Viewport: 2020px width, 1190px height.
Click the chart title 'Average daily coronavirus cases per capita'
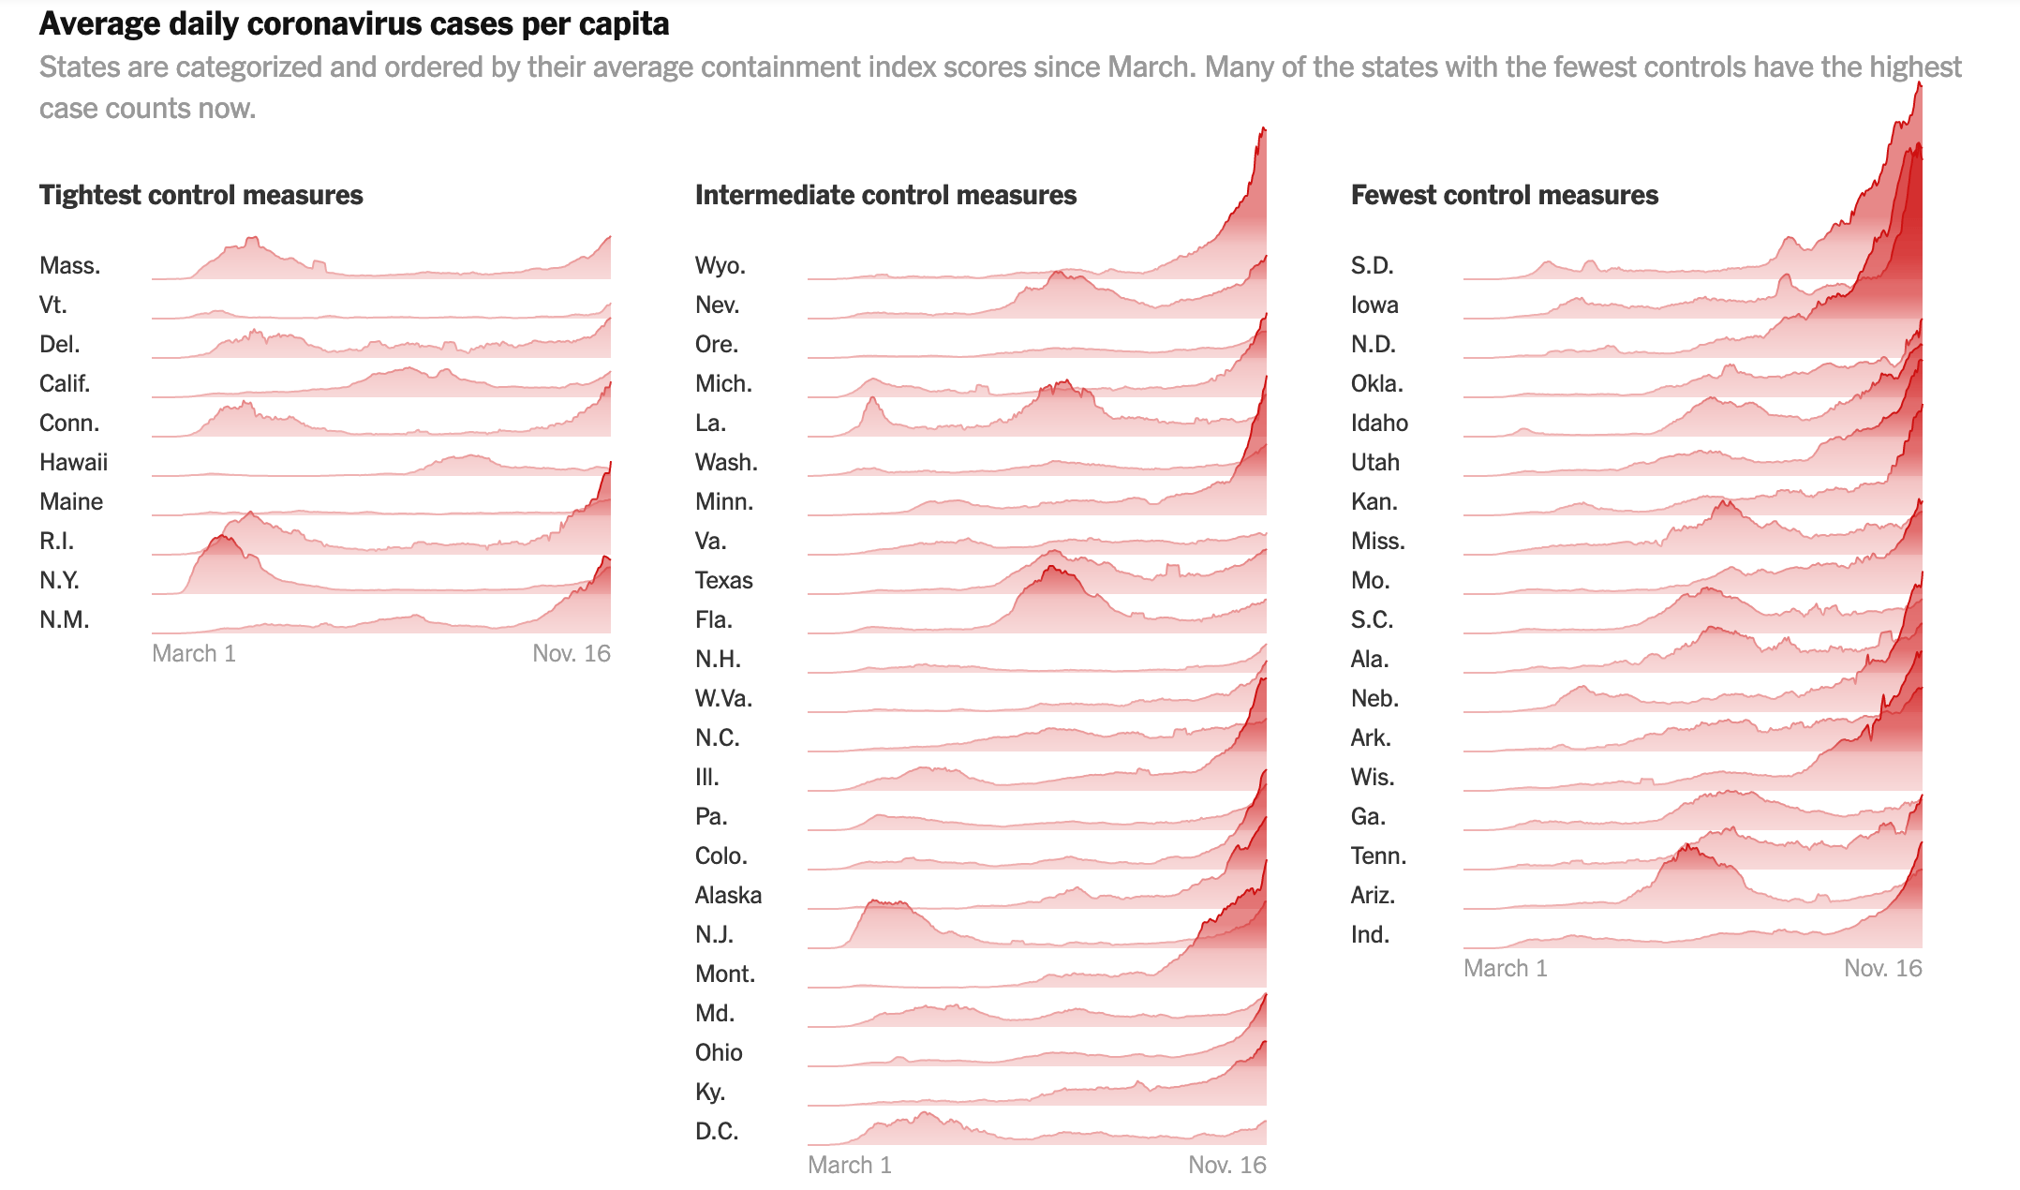(354, 24)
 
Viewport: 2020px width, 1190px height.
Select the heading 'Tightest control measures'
(201, 195)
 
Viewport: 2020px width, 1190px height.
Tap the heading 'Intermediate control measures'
(885, 195)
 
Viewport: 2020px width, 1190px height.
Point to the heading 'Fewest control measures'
(1504, 195)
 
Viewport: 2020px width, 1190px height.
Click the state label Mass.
(69, 265)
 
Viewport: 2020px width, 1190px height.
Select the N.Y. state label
(59, 580)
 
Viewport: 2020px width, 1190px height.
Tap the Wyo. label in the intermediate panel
(720, 265)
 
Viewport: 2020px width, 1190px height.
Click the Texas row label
(723, 580)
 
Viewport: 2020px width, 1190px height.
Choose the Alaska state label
(728, 895)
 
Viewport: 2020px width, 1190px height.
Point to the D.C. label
(716, 1131)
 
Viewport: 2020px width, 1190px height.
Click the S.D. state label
(1372, 265)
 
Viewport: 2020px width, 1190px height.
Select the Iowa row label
(1374, 305)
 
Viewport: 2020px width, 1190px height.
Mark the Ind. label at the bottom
(1369, 934)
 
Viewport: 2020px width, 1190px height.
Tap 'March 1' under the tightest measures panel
(194, 653)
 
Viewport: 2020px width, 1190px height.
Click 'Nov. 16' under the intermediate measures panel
(1226, 1165)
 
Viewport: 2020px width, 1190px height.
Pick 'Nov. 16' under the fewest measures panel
(1882, 968)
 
